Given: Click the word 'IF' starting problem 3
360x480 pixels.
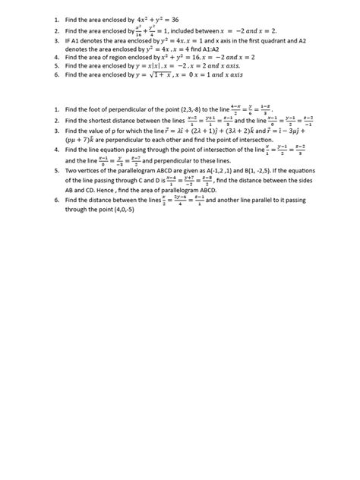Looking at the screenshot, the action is point(68,40).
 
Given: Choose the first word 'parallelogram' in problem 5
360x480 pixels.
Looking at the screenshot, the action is point(133,172).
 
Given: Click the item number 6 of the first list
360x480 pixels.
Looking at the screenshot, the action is point(56,75).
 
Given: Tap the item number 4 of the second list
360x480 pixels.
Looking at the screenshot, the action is point(56,150).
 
